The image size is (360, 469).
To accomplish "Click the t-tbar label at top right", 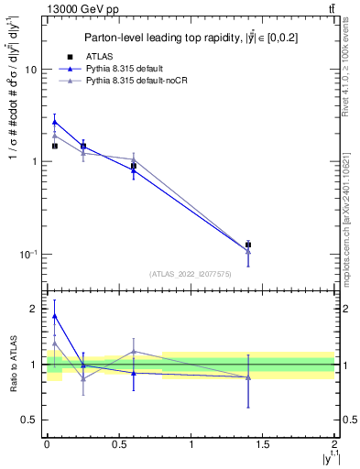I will coord(330,10).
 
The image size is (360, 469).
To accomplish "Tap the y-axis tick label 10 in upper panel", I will coord(31,71).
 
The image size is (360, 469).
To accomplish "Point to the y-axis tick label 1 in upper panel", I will coord(34,162).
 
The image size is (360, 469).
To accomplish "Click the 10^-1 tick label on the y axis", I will coord(27,254).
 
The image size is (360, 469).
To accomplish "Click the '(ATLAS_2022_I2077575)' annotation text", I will coord(190,273).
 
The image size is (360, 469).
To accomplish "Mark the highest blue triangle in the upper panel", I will coord(55,121).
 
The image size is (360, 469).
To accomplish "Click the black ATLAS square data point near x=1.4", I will coord(248,245).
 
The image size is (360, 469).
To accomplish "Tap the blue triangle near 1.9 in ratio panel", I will coord(55,316).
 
